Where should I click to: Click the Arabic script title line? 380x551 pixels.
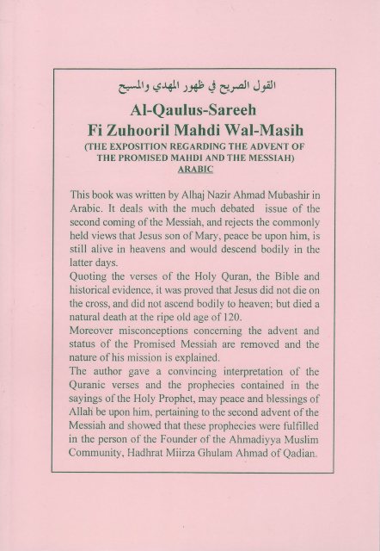[190, 86]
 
